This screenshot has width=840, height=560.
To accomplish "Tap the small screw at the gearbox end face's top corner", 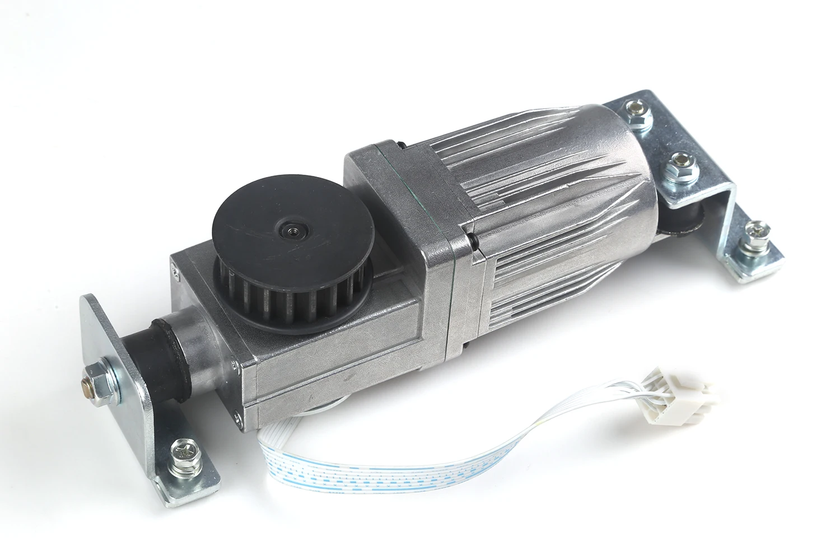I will click(x=175, y=273).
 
